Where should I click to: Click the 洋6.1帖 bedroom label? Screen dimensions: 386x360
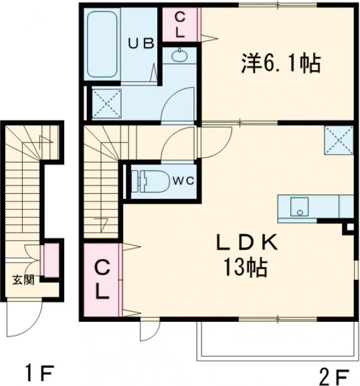tap(280, 62)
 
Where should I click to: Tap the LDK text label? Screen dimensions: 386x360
tap(246, 243)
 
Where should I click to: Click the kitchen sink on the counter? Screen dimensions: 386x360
tap(298, 208)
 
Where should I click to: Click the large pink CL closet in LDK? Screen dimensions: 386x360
tap(102, 280)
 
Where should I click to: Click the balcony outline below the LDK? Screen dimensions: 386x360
tap(276, 345)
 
